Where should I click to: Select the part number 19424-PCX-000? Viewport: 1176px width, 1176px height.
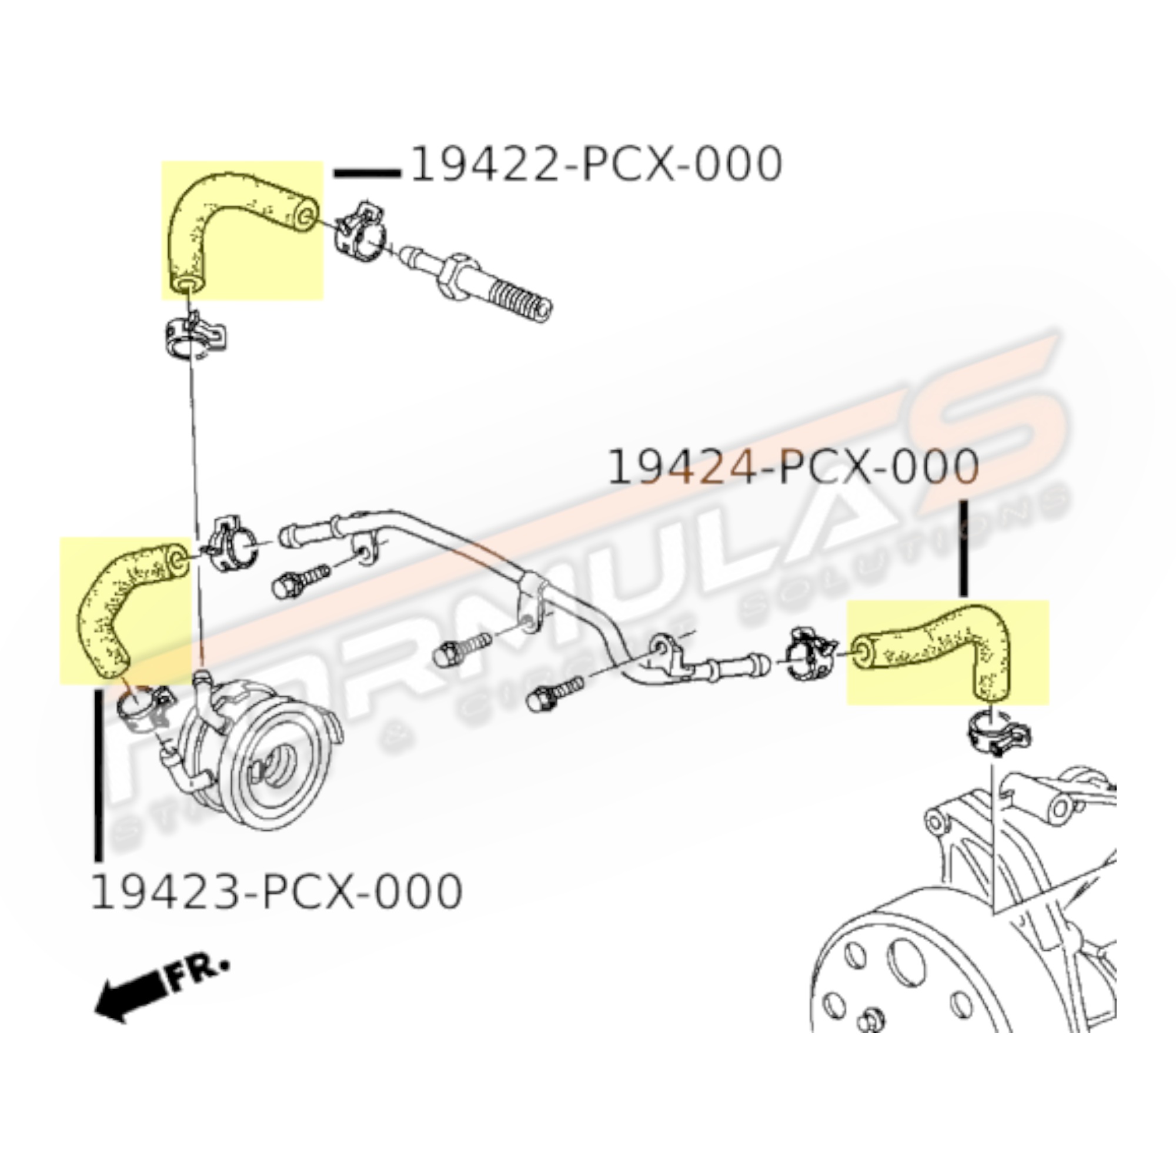pos(793,467)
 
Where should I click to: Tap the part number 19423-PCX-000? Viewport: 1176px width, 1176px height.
pos(276,893)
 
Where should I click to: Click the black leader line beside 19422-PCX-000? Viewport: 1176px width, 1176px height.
pos(367,173)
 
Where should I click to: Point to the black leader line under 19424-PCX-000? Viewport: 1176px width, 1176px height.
pos(963,548)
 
